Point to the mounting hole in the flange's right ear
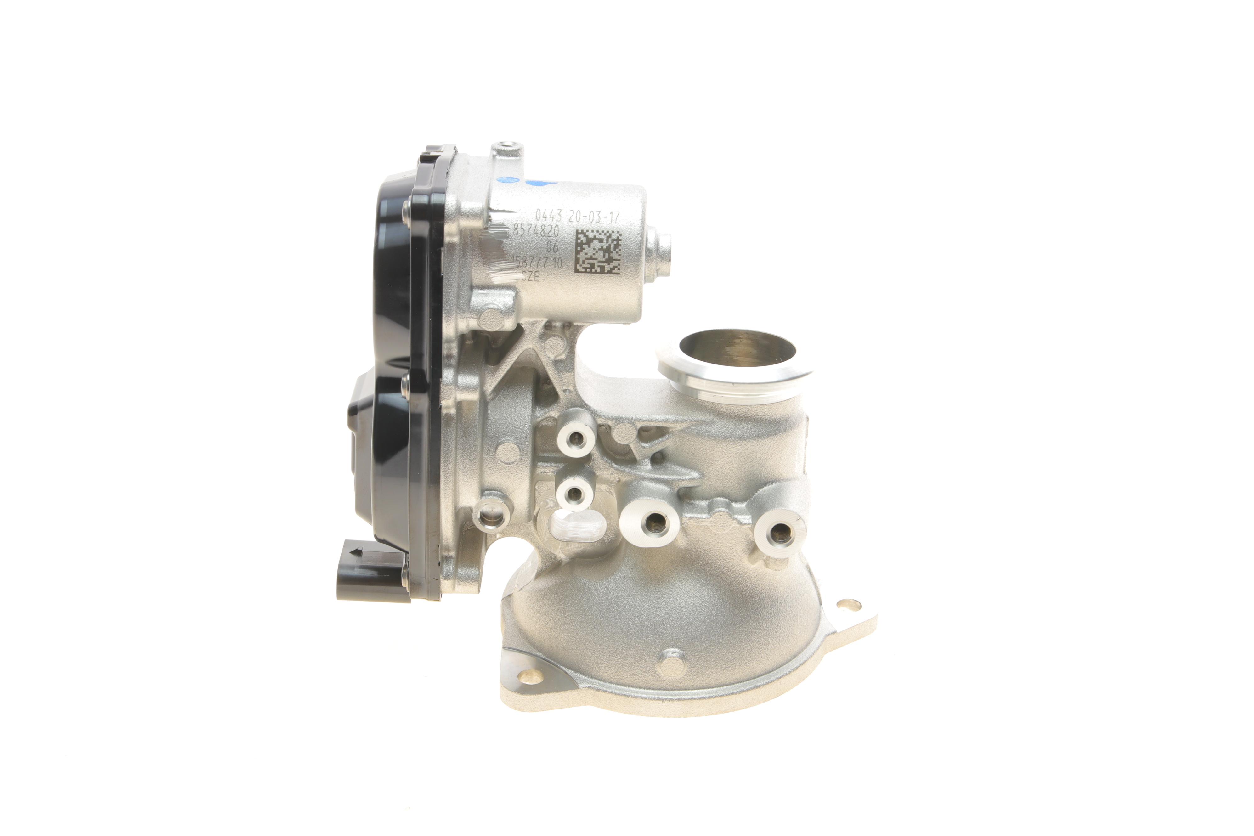click(842, 604)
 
